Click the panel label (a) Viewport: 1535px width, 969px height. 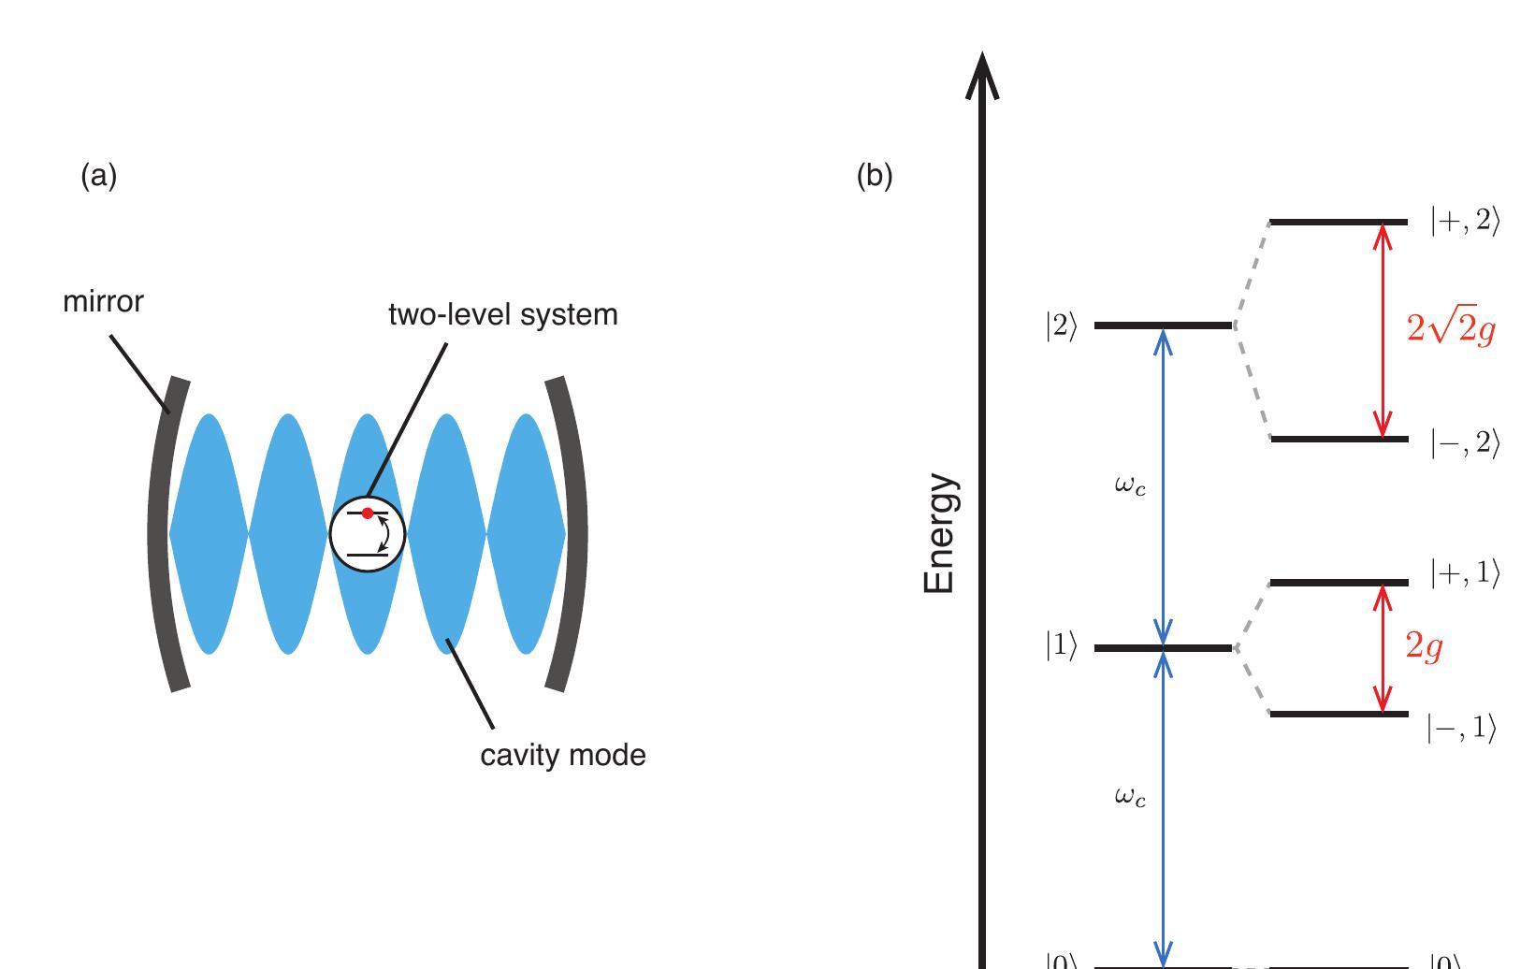pyautogui.click(x=99, y=176)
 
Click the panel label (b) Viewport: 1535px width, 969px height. pyautogui.click(x=875, y=176)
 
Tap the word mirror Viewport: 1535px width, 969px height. pyautogui.click(x=103, y=302)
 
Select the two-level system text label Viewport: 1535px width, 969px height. pyautogui.click(x=503, y=315)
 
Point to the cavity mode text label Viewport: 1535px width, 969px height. pyautogui.click(x=562, y=755)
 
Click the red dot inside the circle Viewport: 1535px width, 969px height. pyautogui.click(x=368, y=513)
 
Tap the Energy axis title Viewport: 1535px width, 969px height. pyautogui.click(x=939, y=534)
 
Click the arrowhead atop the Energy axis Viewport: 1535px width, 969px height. pyautogui.click(x=982, y=75)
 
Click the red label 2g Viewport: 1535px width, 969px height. pyautogui.click(x=1424, y=646)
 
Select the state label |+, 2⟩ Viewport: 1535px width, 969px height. pyautogui.click(x=1465, y=222)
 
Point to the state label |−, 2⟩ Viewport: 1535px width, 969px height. pyautogui.click(x=1465, y=442)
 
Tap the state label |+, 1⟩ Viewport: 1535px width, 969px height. pyautogui.click(x=1465, y=573)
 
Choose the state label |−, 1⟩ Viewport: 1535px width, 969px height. pyautogui.click(x=1462, y=728)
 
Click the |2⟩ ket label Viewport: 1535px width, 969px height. pyautogui.click(x=1062, y=326)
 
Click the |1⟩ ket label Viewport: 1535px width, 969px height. pyautogui.click(x=1062, y=647)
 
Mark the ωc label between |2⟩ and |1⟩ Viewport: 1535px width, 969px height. pyautogui.click(x=1130, y=485)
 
